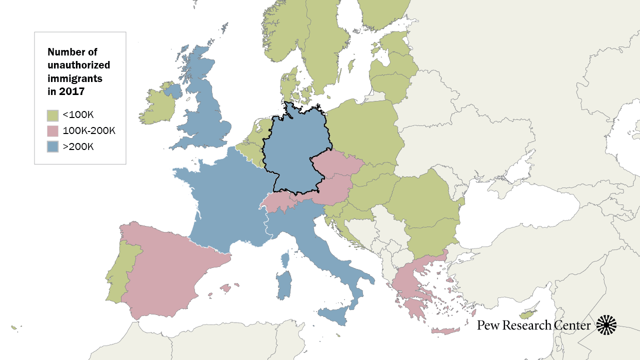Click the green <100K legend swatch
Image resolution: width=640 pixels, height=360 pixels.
[52, 116]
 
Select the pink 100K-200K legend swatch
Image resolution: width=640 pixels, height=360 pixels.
[52, 131]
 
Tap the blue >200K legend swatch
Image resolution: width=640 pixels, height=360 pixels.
[52, 146]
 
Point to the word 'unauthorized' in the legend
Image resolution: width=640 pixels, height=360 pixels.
[78, 65]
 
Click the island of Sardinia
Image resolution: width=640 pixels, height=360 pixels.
[284, 285]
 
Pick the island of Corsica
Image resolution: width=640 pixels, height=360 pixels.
[285, 260]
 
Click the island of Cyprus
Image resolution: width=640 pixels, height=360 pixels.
[527, 314]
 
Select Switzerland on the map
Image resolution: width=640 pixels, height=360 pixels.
[280, 203]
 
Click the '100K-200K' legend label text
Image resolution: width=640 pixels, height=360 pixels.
[89, 131]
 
